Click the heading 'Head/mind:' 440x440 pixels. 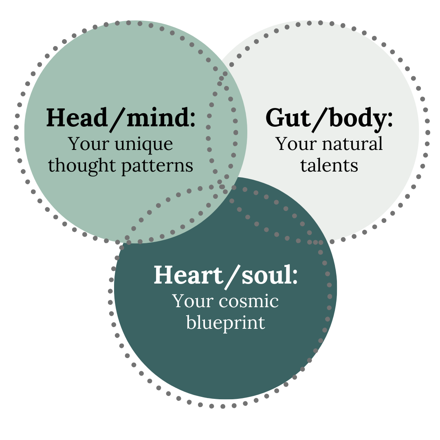(x=121, y=118)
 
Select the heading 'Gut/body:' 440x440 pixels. (x=329, y=118)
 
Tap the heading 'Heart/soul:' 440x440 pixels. (x=226, y=275)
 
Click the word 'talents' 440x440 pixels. (x=329, y=165)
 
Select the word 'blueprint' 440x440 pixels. (x=226, y=323)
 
